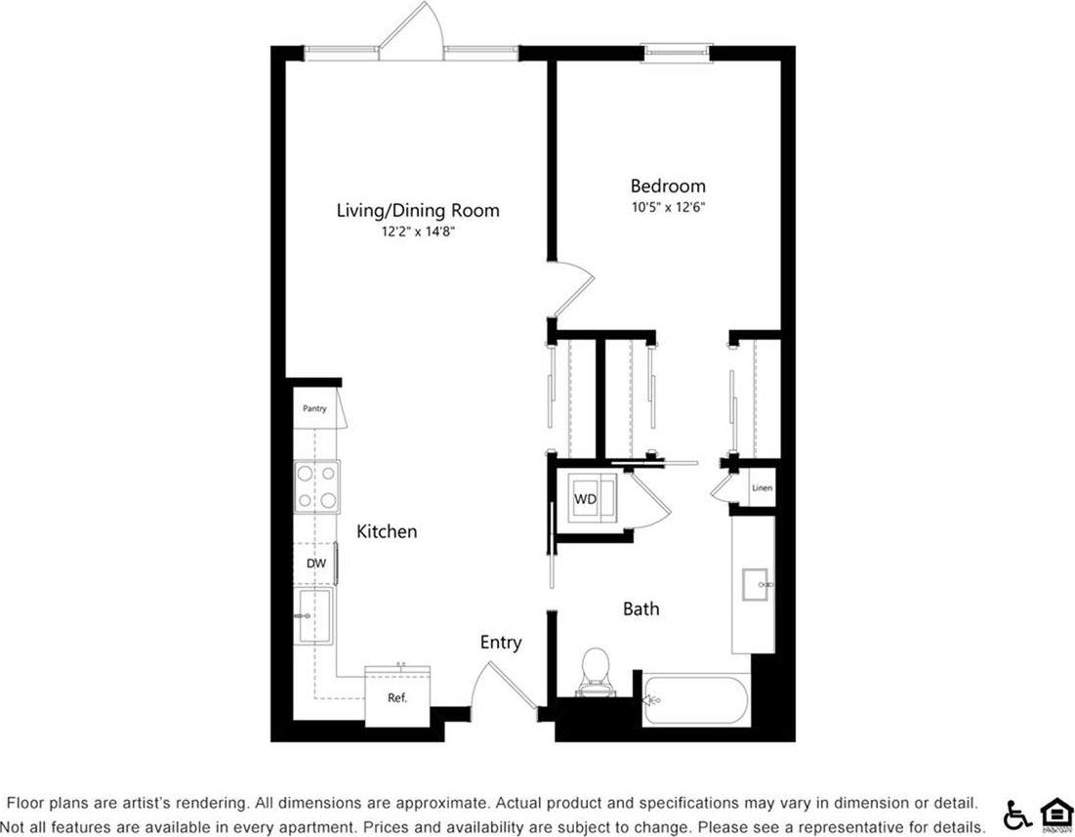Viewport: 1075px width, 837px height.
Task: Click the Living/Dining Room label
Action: (418, 210)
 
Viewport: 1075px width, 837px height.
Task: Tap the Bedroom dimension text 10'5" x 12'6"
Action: (668, 207)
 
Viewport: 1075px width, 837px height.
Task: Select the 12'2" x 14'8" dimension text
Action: (418, 232)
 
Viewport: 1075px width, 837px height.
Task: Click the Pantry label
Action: (313, 409)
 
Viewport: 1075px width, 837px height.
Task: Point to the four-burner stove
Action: (317, 486)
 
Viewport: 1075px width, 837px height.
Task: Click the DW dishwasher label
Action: (315, 564)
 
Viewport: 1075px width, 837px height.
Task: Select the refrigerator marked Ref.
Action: (396, 696)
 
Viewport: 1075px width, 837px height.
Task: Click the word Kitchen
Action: (387, 531)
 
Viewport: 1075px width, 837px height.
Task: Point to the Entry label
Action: (501, 643)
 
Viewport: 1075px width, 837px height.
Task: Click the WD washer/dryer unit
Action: (586, 499)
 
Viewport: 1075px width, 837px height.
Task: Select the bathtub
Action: (695, 700)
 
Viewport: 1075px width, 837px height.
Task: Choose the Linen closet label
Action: (762, 488)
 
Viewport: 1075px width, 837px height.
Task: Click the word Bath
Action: (641, 609)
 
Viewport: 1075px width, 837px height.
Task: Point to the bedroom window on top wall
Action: (676, 52)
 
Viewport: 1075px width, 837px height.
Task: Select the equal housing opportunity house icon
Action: (1055, 813)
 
